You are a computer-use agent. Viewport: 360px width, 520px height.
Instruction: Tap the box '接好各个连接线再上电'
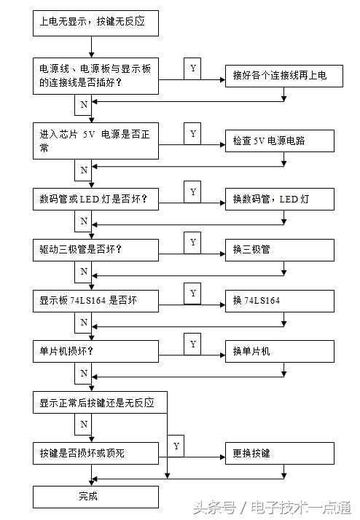click(283, 76)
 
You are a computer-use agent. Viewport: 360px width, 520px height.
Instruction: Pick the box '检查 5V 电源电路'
click(279, 141)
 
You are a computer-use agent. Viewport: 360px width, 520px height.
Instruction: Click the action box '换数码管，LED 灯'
click(279, 199)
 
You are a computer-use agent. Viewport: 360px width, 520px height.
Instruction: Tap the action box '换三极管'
click(279, 249)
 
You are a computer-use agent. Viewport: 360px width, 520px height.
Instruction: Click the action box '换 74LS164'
click(279, 300)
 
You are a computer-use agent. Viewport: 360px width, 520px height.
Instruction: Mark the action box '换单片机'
click(279, 351)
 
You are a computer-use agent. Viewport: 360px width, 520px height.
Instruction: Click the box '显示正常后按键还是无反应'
click(100, 402)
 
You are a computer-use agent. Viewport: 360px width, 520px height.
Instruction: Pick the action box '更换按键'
click(279, 453)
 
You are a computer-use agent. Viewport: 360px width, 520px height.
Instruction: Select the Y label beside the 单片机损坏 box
click(193, 343)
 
